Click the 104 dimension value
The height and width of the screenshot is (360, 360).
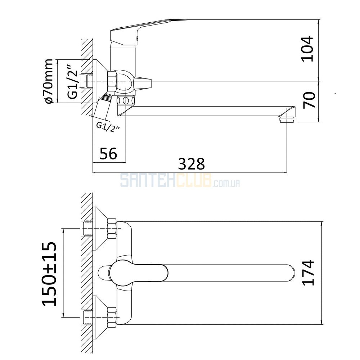(307, 49)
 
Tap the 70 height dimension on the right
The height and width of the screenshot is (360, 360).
(309, 100)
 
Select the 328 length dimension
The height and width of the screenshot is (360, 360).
(192, 164)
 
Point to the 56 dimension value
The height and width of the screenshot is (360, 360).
(108, 153)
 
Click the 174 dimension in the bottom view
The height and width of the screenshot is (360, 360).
(308, 273)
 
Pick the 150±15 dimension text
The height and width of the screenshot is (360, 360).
(49, 274)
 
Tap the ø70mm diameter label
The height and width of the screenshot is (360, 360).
(49, 81)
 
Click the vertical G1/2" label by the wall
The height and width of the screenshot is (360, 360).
(72, 82)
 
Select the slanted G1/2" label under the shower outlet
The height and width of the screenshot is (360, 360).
(108, 127)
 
